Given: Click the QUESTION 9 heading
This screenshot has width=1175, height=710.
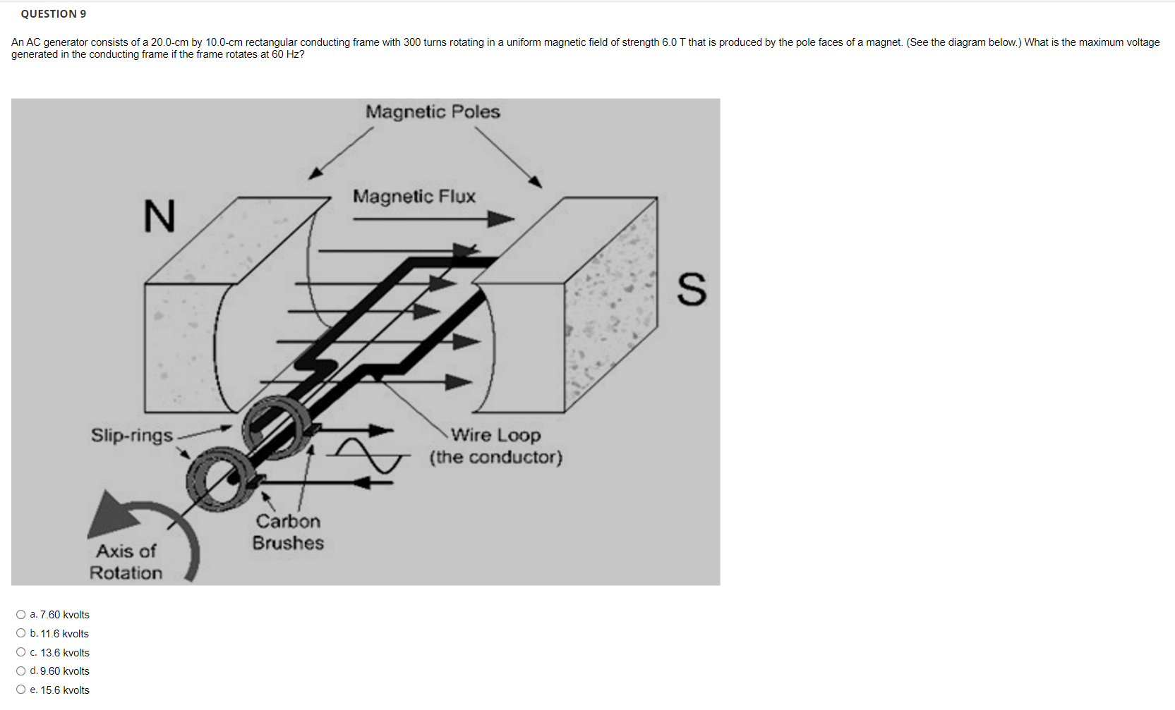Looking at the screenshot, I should point(54,13).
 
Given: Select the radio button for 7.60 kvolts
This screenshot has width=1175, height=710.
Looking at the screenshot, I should point(21,615).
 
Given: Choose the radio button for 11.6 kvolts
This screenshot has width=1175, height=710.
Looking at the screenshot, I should point(21,633).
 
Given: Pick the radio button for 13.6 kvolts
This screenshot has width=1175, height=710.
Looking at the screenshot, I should point(21,652).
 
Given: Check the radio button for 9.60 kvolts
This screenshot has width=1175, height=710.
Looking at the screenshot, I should point(21,671).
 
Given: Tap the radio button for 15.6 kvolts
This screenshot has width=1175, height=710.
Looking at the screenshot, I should point(21,690).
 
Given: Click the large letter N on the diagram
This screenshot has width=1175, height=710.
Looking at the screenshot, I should point(159,216).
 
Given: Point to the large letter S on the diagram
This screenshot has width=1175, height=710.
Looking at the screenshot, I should point(691,289).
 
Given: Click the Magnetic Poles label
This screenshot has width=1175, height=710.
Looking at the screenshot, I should point(433,112).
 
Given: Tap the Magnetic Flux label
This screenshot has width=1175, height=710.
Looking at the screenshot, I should point(414,196).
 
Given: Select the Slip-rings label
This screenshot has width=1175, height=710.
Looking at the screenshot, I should point(132,435).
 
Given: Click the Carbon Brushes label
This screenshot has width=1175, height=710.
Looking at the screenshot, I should point(288,532).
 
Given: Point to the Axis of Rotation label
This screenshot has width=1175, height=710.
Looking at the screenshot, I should point(126,562).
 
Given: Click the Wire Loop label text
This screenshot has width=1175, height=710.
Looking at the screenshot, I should point(495,435).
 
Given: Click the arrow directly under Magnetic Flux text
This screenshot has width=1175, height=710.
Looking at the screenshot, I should point(433,219).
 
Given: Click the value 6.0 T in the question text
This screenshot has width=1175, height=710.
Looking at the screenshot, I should point(671,42).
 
